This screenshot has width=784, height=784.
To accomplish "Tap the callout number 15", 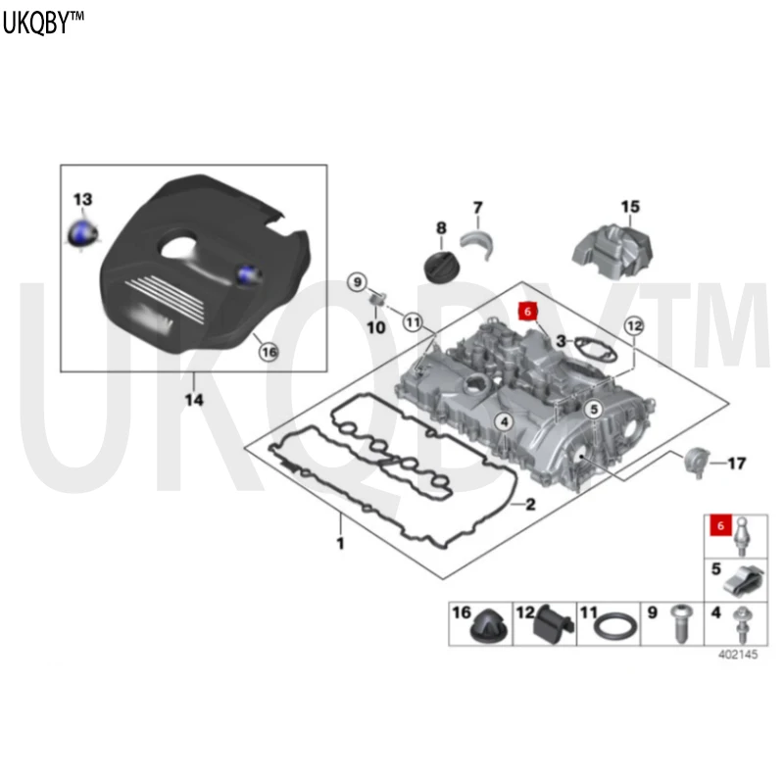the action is (630, 207).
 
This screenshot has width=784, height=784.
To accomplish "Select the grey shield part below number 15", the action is (612, 252).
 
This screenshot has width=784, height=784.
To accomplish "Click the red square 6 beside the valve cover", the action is (527, 312).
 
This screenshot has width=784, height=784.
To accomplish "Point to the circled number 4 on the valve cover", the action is (504, 422).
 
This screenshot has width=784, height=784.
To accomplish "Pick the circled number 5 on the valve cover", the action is (594, 410).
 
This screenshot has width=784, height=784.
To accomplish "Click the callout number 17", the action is (737, 464).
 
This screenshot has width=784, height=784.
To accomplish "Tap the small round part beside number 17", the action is (697, 462).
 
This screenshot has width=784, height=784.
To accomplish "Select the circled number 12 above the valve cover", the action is (634, 326).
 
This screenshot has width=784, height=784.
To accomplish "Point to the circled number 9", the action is (357, 282).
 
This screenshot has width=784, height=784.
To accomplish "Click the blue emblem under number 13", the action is (83, 233).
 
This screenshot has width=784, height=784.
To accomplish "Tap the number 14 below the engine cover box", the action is (194, 400).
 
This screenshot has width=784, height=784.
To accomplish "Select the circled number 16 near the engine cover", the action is (269, 352).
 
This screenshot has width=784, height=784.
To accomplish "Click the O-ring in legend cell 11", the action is (614, 625).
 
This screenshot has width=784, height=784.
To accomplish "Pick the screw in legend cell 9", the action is (680, 623).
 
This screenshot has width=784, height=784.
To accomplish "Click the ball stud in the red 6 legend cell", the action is (742, 537).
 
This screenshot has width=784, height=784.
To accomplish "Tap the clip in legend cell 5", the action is (745, 580).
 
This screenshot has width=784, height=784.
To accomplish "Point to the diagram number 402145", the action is (738, 654).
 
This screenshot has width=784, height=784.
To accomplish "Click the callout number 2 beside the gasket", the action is (530, 504).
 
